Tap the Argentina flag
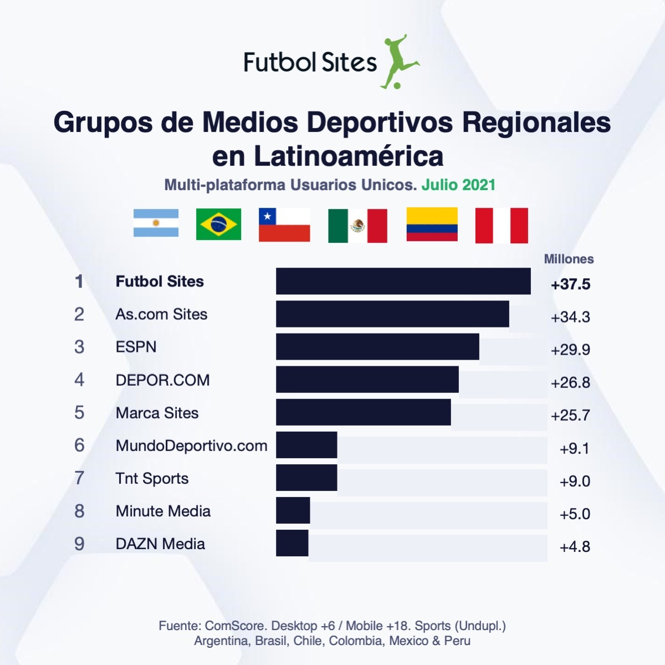pyautogui.click(x=156, y=223)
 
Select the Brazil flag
pyautogui.click(x=218, y=224)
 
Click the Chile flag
pyautogui.click(x=284, y=224)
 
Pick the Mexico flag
pyautogui.click(x=357, y=226)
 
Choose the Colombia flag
pyautogui.click(x=432, y=224)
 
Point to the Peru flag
pyautogui.click(x=502, y=226)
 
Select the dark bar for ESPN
pyautogui.click(x=377, y=346)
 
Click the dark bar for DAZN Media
pyautogui.click(x=292, y=543)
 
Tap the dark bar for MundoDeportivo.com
pyautogui.click(x=306, y=445)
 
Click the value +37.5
pyautogui.click(x=570, y=284)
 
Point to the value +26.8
pyautogui.click(x=570, y=382)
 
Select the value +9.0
pyautogui.click(x=575, y=481)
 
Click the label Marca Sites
pyautogui.click(x=157, y=413)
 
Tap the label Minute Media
pyautogui.click(x=163, y=511)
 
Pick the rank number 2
pyautogui.click(x=79, y=314)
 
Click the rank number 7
pyautogui.click(x=79, y=478)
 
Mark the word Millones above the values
pyautogui.click(x=569, y=259)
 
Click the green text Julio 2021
pyautogui.click(x=458, y=185)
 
